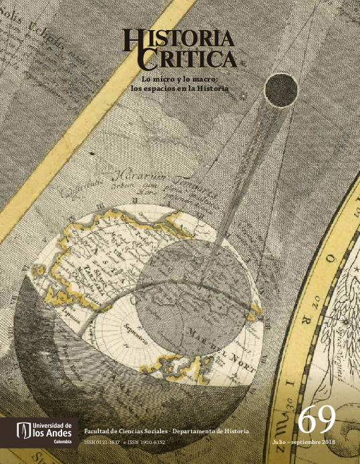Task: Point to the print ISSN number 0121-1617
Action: pos(109,443)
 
